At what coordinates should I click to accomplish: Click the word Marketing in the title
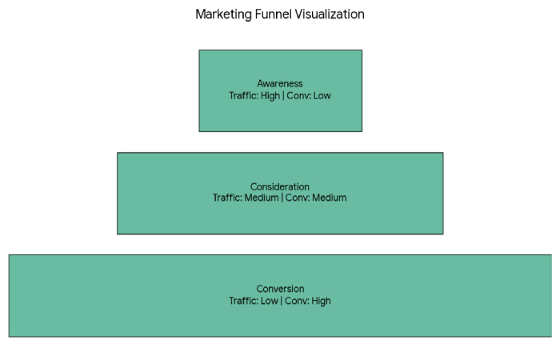[x=222, y=14]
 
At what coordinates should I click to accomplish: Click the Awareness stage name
[x=280, y=84]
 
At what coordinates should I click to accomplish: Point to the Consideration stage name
[x=280, y=187]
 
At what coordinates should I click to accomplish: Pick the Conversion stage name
[x=280, y=289]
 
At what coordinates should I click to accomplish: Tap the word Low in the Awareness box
[x=322, y=96]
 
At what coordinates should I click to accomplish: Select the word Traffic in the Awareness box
[x=242, y=96]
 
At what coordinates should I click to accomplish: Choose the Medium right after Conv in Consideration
[x=330, y=198]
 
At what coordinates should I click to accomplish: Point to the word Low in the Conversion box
[x=269, y=301]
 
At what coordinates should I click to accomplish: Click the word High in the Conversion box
[x=320, y=301]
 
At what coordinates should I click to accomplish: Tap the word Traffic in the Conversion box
[x=243, y=301]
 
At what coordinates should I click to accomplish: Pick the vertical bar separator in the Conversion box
[x=282, y=301]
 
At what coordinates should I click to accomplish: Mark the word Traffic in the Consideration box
[x=226, y=198]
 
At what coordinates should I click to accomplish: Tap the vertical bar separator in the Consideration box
[x=282, y=198]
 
